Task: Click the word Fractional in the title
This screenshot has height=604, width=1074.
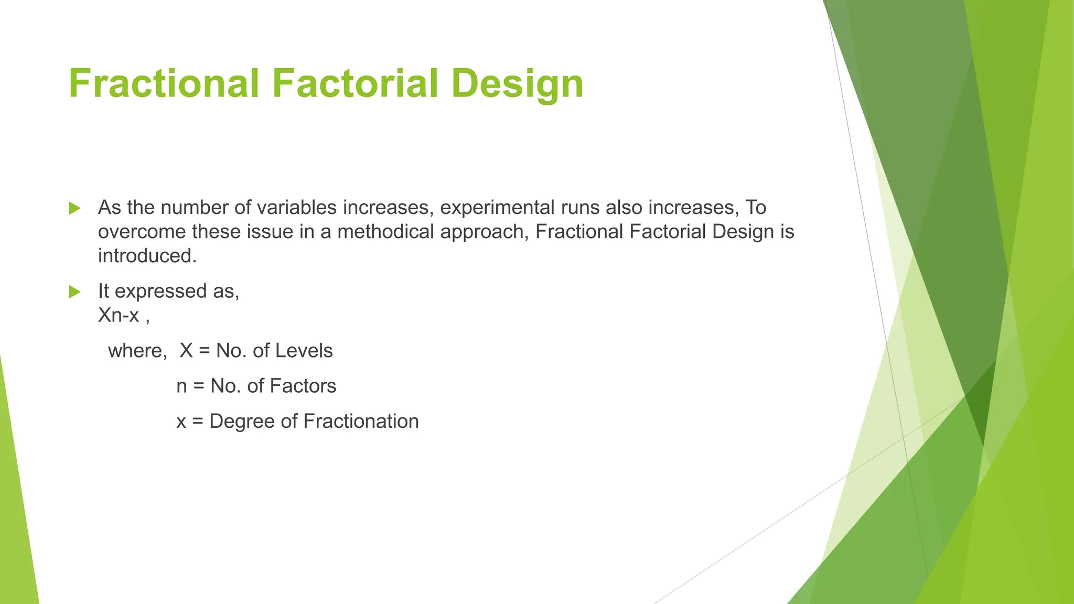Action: click(164, 84)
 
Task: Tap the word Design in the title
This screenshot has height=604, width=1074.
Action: click(517, 84)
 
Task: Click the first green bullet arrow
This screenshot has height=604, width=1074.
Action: click(75, 209)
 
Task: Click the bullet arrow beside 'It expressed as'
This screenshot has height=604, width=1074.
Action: click(75, 292)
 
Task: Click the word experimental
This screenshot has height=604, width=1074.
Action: click(497, 208)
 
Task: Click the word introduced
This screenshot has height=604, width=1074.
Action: click(147, 256)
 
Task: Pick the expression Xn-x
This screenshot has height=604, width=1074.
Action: click(119, 315)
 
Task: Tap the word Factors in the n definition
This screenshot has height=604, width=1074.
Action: click(303, 386)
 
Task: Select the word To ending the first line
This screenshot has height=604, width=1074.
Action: click(756, 208)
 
